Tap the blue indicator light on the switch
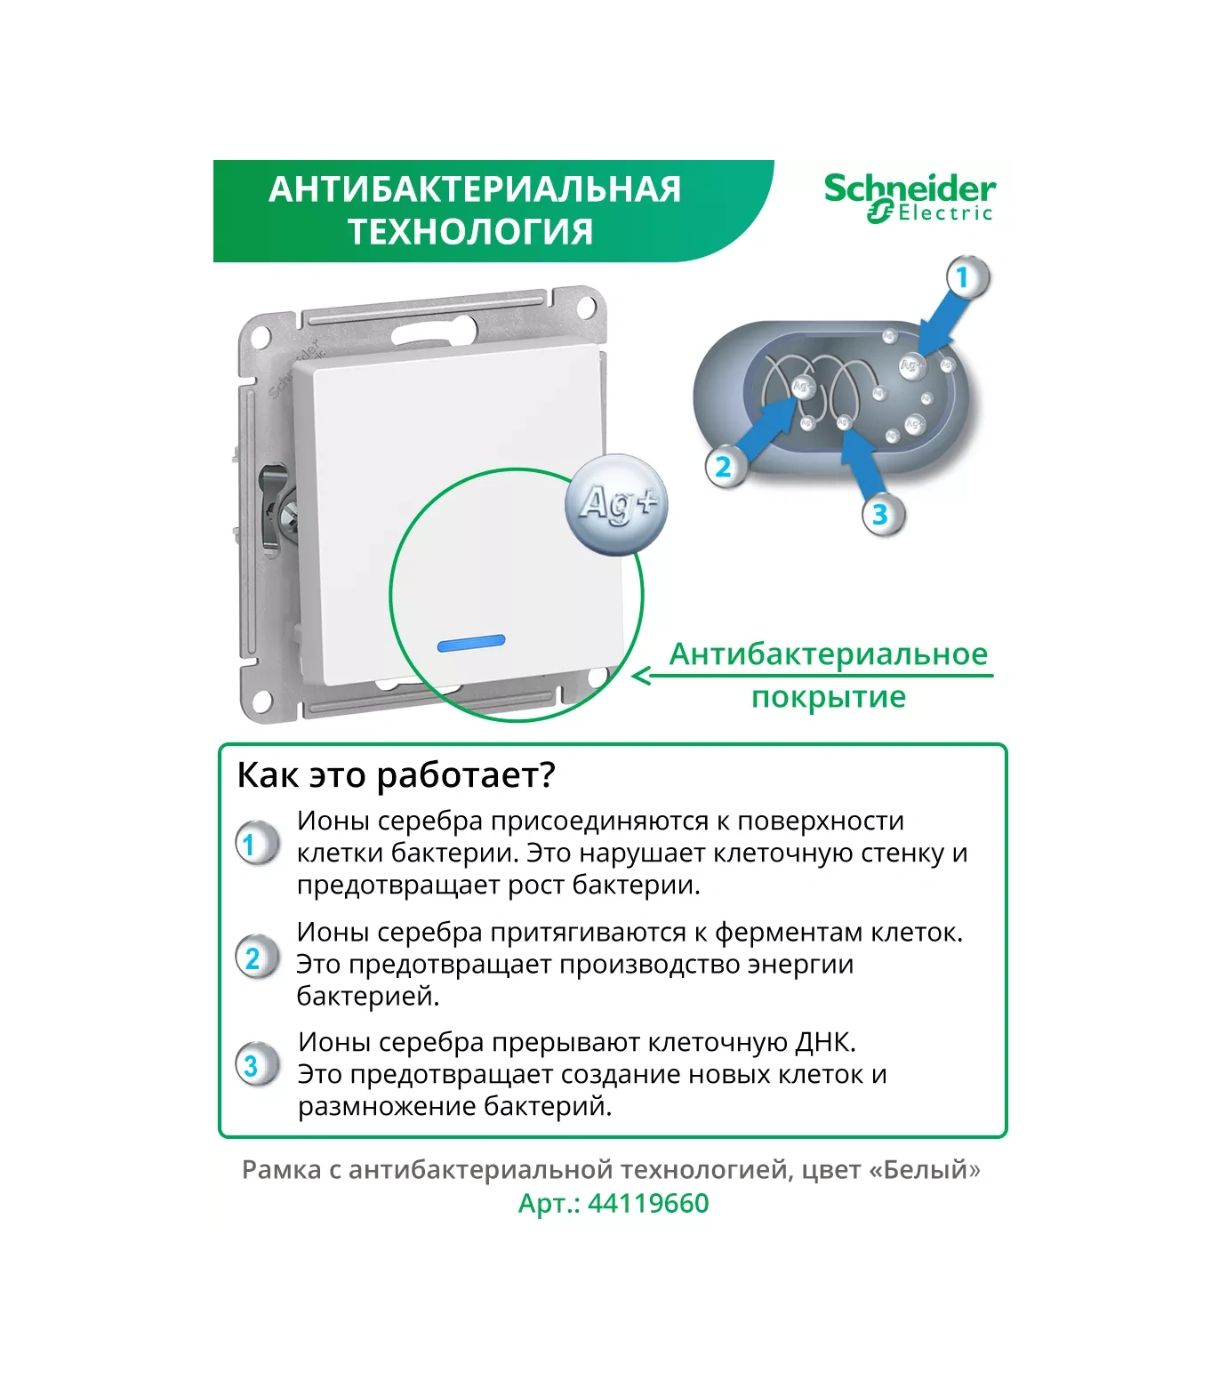(471, 641)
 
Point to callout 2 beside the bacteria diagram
(724, 466)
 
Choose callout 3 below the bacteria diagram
(880, 514)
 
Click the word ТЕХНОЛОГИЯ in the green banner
(470, 232)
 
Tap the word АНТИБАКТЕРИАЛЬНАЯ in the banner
(475, 189)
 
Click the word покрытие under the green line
(829, 697)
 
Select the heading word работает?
(466, 775)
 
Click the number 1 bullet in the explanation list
(252, 844)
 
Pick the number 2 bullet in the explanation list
(253, 958)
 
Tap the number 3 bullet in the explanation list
(253, 1065)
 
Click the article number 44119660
(648, 1204)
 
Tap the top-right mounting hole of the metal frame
(586, 308)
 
